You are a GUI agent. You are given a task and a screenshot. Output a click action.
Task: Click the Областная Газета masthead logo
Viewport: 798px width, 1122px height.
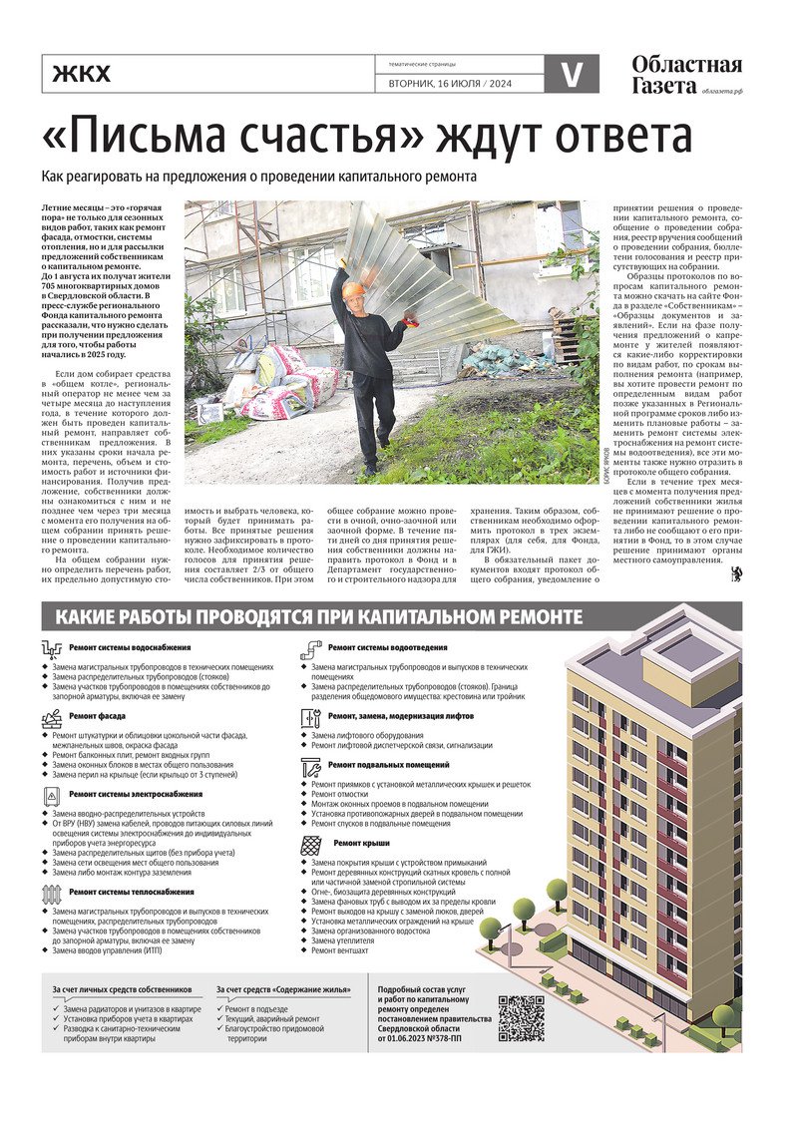685,76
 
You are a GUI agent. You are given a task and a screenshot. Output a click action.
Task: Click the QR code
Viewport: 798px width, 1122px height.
521,1018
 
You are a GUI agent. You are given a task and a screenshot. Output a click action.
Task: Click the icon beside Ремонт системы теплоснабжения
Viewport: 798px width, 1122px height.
52,893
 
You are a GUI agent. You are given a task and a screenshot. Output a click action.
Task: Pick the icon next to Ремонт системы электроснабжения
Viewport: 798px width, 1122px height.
52,796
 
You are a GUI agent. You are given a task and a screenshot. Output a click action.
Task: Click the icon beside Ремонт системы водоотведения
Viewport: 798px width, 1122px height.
310,650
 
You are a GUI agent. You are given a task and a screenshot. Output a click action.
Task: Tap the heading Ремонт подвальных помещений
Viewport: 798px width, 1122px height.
388,765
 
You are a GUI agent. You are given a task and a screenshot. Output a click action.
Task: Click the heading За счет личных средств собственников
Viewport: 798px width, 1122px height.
122,989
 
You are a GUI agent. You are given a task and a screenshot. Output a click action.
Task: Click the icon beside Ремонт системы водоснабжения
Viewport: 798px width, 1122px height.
52,650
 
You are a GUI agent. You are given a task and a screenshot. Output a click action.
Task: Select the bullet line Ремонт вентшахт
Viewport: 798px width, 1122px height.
340,950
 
